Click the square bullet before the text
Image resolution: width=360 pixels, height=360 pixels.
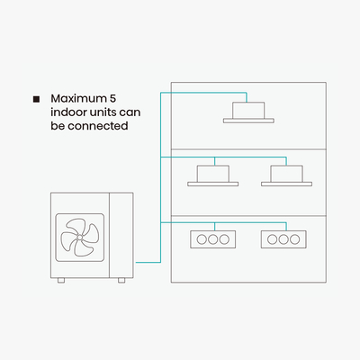36,99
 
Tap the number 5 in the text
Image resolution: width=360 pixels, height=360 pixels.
112,98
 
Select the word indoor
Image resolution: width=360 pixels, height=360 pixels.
67,112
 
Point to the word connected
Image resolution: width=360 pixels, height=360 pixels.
98,126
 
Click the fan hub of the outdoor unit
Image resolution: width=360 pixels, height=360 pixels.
80,237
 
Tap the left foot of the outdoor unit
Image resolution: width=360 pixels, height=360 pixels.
61,280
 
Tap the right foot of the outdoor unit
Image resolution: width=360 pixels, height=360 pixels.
121,280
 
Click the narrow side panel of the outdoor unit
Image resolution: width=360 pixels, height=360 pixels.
121,235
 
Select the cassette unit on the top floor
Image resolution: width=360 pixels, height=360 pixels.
248,112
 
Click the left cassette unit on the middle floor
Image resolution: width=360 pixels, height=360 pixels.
213,175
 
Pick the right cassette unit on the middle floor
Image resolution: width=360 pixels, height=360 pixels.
286,175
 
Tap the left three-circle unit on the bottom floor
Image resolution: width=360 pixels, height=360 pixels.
213,239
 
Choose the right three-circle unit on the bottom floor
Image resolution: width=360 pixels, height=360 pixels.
283,239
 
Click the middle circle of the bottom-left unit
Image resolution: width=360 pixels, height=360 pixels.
213,239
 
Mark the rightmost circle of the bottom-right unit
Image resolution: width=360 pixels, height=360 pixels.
295,239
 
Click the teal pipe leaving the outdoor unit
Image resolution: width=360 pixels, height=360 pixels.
148,263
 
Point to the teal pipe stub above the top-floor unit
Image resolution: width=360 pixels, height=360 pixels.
247,97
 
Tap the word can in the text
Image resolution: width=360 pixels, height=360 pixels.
130,112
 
